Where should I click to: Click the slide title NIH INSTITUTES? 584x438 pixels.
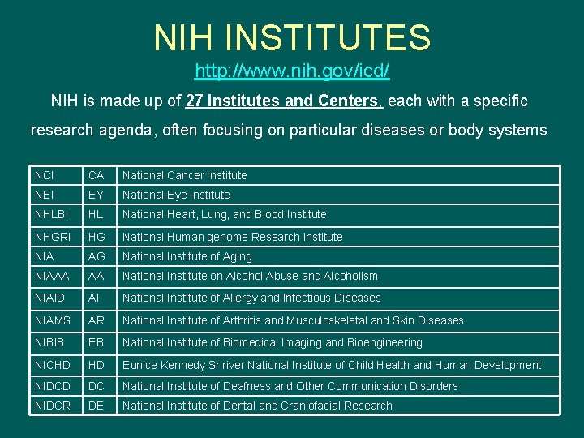pos(292,38)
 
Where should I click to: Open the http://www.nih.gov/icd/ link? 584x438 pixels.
pos(292,72)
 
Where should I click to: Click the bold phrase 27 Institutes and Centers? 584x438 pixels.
pos(284,101)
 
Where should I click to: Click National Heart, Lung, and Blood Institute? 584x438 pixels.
pos(224,214)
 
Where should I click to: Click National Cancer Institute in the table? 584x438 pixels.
pos(185,175)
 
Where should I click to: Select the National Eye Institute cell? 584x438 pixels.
pos(176,195)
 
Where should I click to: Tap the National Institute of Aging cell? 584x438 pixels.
pos(187,256)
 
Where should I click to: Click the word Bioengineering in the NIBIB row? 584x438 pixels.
pos(385,342)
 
